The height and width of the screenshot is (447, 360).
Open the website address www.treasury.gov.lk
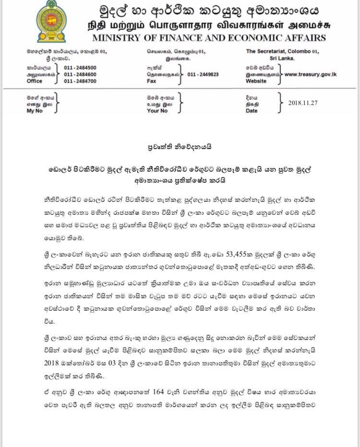point(310,75)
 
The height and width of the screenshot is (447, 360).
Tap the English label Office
point(36,82)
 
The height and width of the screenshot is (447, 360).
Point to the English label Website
point(257,82)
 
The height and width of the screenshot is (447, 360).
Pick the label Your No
point(157,110)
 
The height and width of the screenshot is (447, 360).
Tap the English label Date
point(252,110)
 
